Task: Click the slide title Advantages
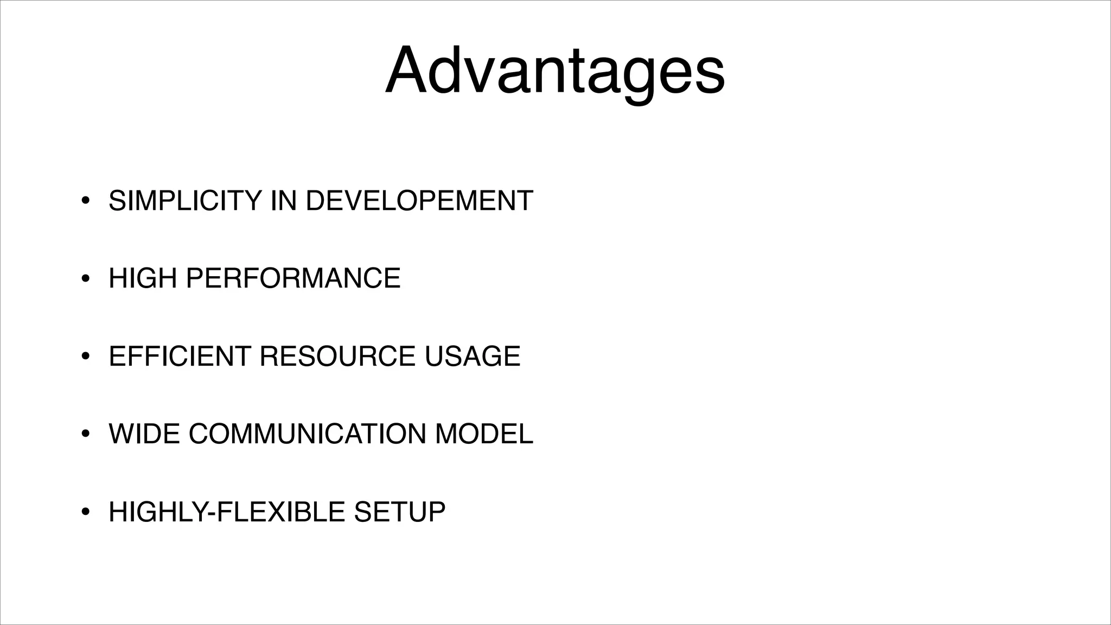(x=554, y=71)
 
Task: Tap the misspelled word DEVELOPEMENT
(x=419, y=201)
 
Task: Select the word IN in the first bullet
(x=283, y=201)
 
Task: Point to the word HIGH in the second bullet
(x=143, y=278)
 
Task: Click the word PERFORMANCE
(x=293, y=278)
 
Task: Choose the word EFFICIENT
(x=180, y=356)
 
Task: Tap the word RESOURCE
(x=337, y=356)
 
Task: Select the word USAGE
(x=472, y=356)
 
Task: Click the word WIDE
(x=144, y=434)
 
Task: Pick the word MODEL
(x=484, y=434)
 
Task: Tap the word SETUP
(x=399, y=512)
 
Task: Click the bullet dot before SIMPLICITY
(x=85, y=201)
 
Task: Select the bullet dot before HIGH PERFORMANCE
(x=85, y=279)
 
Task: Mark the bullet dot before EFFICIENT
(x=85, y=357)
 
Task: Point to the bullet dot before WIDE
(x=85, y=435)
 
